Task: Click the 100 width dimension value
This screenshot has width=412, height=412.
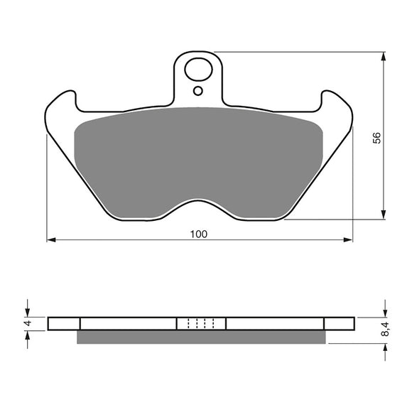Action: (200, 234)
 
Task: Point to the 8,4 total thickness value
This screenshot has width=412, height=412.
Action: (386, 328)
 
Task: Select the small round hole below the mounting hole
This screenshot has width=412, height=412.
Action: (198, 91)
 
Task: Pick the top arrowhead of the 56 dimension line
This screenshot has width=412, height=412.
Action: (384, 56)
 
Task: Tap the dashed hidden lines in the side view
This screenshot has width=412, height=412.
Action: (200, 324)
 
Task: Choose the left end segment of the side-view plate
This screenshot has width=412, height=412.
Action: (64, 324)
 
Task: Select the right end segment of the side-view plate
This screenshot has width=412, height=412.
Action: (338, 324)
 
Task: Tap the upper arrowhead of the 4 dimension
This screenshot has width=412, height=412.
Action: (28, 313)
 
